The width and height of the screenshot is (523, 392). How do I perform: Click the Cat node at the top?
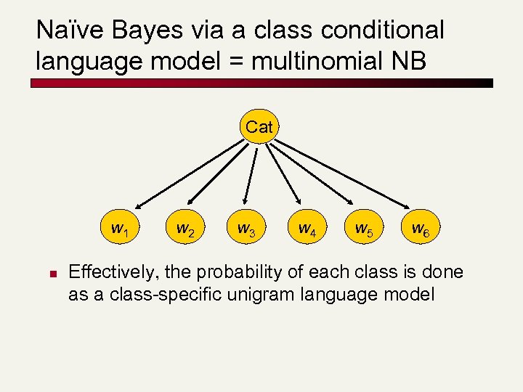tap(259, 127)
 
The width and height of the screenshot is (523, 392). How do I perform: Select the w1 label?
tap(120, 229)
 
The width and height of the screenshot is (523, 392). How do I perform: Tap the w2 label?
tap(185, 229)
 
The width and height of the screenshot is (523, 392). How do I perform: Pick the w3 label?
tap(246, 229)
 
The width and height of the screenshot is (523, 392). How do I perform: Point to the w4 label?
tap(306, 229)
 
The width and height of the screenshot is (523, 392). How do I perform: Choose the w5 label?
tap(363, 229)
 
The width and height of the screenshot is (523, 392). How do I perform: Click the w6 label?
tap(420, 229)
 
